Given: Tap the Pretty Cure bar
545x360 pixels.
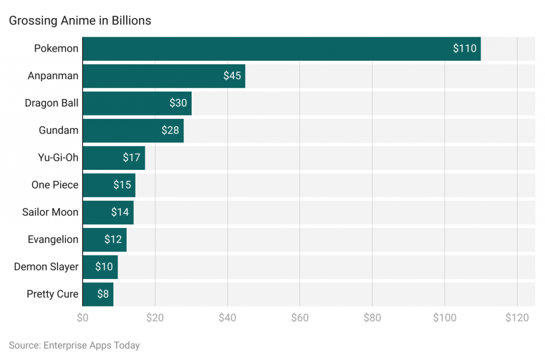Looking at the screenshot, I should coord(98,294).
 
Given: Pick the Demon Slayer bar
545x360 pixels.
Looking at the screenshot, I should coord(100,267).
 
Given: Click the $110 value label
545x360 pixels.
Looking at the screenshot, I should coord(465,48).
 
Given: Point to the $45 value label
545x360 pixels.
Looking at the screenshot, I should coord(232,76).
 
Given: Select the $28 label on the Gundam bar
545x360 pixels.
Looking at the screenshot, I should coord(170,130).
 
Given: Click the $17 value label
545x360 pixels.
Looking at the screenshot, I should coord(131,158).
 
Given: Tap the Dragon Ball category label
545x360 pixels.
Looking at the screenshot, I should coord(52,103).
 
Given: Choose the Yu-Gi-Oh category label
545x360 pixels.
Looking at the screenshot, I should coord(59,158).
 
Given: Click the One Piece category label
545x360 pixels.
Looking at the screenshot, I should coord(55,185).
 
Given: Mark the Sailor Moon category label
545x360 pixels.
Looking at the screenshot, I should coord(50,212).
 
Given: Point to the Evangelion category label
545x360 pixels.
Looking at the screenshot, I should coord(53,240).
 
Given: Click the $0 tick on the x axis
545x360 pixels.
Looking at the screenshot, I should coord(82,318).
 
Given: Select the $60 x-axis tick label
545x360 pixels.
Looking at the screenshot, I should coord(300,318).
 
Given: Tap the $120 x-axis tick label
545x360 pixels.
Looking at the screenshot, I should coord(517,318).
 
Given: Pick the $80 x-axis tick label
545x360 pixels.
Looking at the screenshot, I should coord(372,318).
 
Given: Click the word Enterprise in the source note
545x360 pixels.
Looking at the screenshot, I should coord(66,345).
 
